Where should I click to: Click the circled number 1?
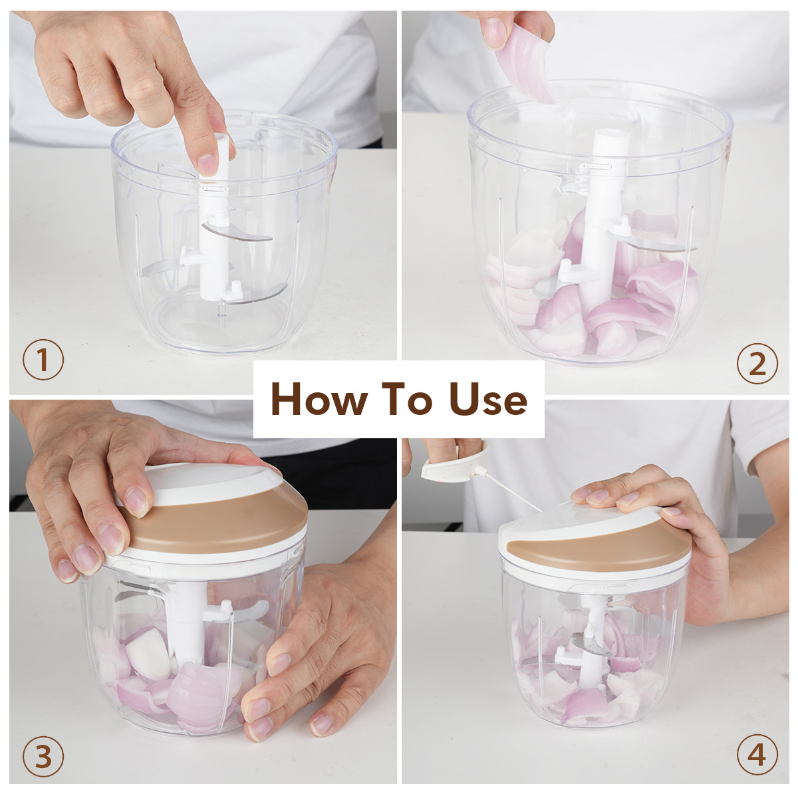[43, 360]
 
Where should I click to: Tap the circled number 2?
[757, 364]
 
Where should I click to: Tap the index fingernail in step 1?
[207, 164]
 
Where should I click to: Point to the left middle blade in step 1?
[162, 268]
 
